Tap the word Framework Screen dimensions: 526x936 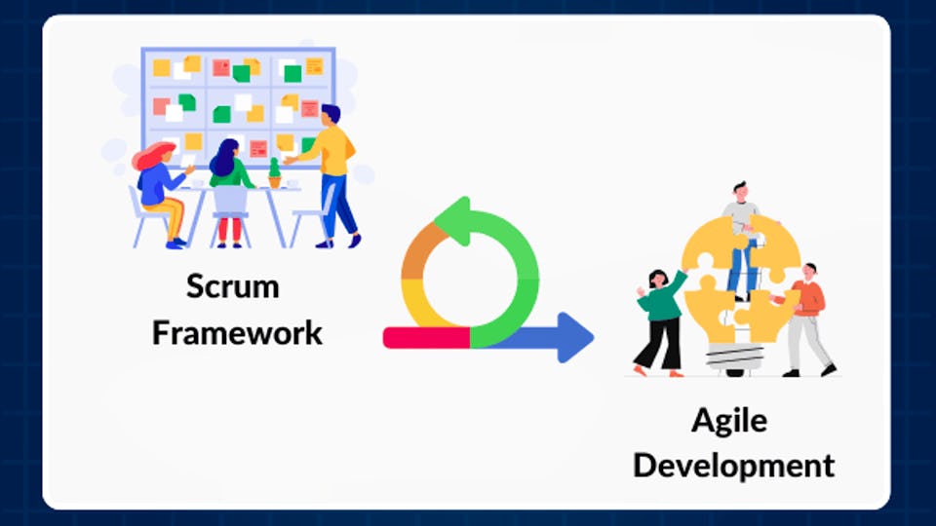coord(236,333)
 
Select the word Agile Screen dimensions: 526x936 coord(728,421)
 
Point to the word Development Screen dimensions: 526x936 coord(733,465)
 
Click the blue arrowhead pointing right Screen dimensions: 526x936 coord(574,337)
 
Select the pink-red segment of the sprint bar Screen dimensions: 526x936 coord(426,337)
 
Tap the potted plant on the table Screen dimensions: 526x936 coord(275,174)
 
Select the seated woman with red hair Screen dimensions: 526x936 coord(161,190)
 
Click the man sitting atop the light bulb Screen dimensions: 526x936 coord(741,234)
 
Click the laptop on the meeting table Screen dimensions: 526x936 coord(230,201)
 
